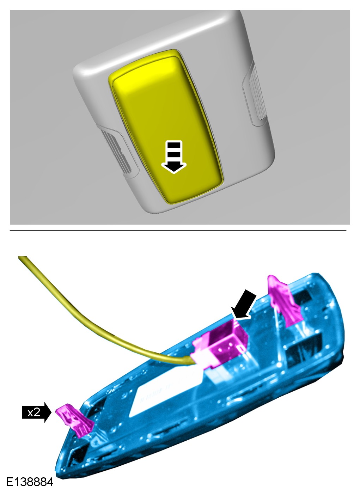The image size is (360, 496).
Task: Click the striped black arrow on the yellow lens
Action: point(174,157)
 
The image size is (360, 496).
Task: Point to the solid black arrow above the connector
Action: point(244,306)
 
